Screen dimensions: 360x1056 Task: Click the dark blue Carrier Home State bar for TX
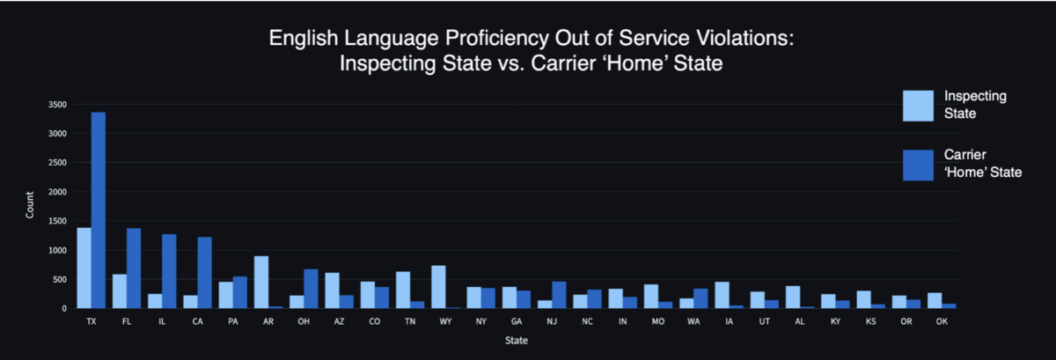tap(99, 210)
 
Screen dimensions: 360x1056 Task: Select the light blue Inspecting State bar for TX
tap(84, 268)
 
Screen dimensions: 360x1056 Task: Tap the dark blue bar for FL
tap(134, 268)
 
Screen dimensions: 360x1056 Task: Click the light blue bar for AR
tap(261, 283)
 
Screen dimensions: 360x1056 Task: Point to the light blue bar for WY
tap(438, 287)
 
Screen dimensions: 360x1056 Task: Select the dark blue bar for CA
tap(204, 273)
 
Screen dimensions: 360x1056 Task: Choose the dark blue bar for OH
tap(311, 289)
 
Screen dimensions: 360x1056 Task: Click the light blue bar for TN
tap(403, 290)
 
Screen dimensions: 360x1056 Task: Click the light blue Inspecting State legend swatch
tap(919, 106)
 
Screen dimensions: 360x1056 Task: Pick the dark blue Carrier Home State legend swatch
tap(919, 165)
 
